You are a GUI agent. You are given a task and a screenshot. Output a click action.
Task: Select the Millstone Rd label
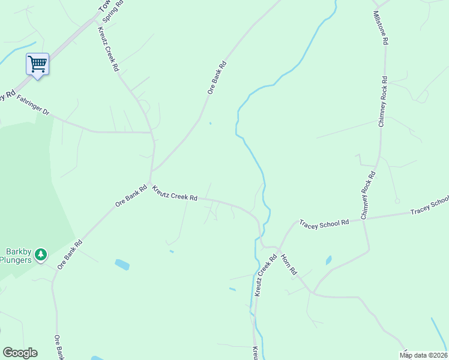point(381,28)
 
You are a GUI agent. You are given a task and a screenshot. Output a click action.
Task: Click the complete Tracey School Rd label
point(324,223)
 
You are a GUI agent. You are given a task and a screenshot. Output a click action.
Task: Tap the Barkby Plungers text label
point(18,256)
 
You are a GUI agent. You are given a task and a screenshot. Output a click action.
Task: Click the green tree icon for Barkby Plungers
point(41,254)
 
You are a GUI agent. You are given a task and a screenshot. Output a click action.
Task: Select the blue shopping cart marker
point(37,64)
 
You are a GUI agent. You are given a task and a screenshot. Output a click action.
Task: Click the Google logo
point(20,353)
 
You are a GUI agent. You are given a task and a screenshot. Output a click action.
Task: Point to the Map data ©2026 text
point(423,355)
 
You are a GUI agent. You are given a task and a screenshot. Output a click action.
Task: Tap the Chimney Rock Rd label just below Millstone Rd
point(382,101)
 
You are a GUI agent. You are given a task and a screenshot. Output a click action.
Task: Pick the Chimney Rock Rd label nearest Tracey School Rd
point(368,194)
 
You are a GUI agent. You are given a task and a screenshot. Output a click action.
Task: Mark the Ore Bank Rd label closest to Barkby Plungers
point(70,256)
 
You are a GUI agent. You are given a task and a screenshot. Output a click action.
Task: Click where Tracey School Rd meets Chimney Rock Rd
point(363,220)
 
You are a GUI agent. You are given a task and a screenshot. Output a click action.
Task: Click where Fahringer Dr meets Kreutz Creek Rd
point(151,132)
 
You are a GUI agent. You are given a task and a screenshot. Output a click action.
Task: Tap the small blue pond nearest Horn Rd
point(328,260)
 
